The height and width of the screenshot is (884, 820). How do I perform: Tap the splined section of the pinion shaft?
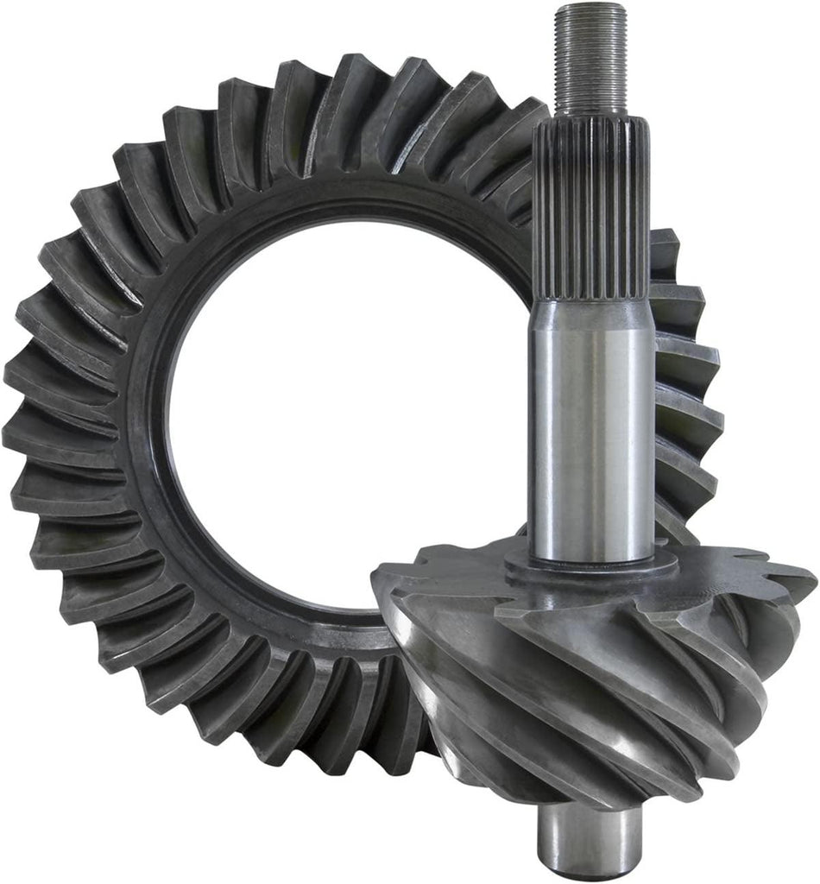click(591, 207)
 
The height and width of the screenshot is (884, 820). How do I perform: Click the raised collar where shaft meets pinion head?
click(592, 565)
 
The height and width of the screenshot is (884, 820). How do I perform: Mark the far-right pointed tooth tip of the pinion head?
click(807, 587)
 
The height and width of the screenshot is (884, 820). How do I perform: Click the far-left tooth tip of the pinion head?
click(380, 574)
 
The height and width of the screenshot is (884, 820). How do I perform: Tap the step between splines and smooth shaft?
click(592, 302)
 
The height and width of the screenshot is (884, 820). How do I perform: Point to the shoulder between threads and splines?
click(590, 117)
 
